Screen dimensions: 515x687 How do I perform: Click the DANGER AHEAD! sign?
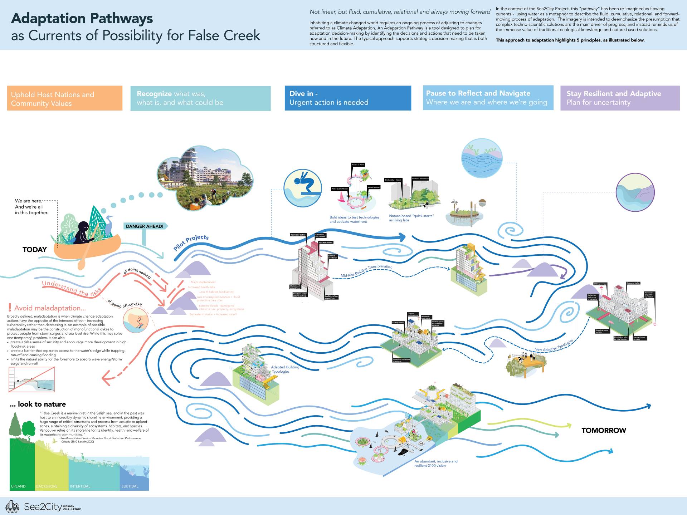(x=145, y=226)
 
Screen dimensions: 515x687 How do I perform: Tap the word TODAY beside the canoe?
(x=35, y=250)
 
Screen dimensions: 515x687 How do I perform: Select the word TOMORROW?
(x=604, y=430)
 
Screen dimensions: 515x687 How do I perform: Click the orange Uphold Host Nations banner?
(x=65, y=98)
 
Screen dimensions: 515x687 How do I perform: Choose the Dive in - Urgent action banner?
(x=347, y=98)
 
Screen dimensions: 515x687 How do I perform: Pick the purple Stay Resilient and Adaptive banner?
(x=620, y=98)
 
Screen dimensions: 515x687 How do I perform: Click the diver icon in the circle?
(x=303, y=188)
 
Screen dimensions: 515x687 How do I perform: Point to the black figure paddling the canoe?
(x=83, y=233)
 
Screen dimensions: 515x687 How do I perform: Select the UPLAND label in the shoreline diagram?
(x=18, y=486)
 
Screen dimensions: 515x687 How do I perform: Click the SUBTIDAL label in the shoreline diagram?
(x=130, y=486)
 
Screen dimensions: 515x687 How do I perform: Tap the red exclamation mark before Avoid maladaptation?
(x=10, y=308)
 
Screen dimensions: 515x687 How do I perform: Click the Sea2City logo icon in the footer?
(x=13, y=506)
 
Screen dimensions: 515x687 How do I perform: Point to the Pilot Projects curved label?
(x=191, y=242)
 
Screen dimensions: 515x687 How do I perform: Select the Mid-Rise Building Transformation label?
(x=366, y=271)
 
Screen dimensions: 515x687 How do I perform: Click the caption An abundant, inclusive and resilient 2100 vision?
(x=436, y=463)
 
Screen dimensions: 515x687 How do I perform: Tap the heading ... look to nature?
(x=38, y=404)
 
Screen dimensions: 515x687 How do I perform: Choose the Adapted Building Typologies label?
(x=285, y=369)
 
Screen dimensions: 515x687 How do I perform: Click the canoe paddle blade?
(x=82, y=264)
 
